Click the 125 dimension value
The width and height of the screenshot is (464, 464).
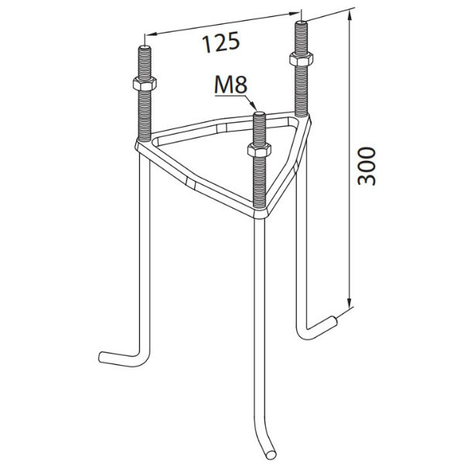coord(220,42)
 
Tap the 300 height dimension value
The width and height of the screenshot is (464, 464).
coord(367,166)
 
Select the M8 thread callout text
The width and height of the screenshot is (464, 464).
coord(230,85)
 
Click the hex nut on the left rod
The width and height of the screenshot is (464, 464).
coord(145,84)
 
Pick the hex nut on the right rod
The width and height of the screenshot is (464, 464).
coord(301,60)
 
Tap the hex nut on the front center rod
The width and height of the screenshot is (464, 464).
coord(259,150)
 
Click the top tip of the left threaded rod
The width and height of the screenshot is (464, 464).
coord(145,46)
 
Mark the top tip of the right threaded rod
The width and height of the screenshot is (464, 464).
coord(301,22)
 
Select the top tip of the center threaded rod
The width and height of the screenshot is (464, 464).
coord(260,113)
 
